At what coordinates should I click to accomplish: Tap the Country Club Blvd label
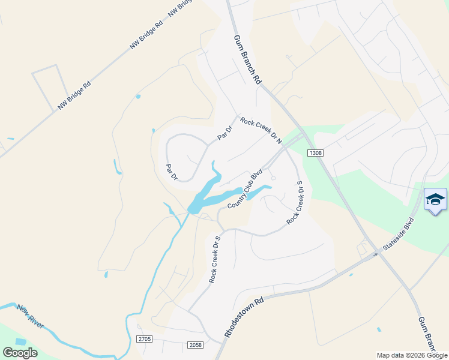(x=246, y=189)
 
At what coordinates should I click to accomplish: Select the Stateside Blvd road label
(x=400, y=234)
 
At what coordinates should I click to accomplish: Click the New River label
(x=30, y=316)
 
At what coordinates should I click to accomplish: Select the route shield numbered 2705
(x=144, y=339)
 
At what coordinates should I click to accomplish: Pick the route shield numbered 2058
(x=195, y=345)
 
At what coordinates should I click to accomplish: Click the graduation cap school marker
(x=435, y=200)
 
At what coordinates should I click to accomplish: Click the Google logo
(x=20, y=353)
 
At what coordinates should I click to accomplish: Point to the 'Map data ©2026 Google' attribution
(x=412, y=355)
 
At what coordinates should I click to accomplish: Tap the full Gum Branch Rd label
(x=248, y=59)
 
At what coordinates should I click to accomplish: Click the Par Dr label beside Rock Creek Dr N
(x=224, y=132)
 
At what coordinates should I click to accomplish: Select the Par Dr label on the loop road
(x=171, y=172)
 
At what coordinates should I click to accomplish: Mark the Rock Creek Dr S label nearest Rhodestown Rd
(x=215, y=259)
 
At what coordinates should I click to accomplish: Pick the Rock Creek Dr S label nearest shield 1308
(x=294, y=203)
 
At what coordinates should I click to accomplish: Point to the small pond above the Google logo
(x=21, y=341)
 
